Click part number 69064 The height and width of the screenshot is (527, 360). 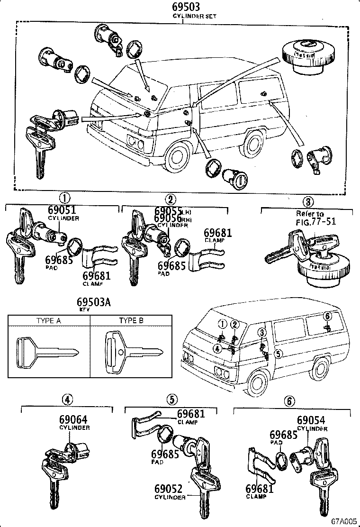tap(73, 420)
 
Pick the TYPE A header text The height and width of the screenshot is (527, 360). tap(49, 321)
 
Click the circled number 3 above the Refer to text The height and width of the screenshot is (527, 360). tap(308, 201)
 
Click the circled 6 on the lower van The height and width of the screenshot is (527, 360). tap(326, 316)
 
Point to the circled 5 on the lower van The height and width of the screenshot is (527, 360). tap(279, 353)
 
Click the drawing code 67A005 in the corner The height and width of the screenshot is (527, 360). tap(343, 521)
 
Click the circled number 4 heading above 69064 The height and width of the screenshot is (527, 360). tap(68, 400)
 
